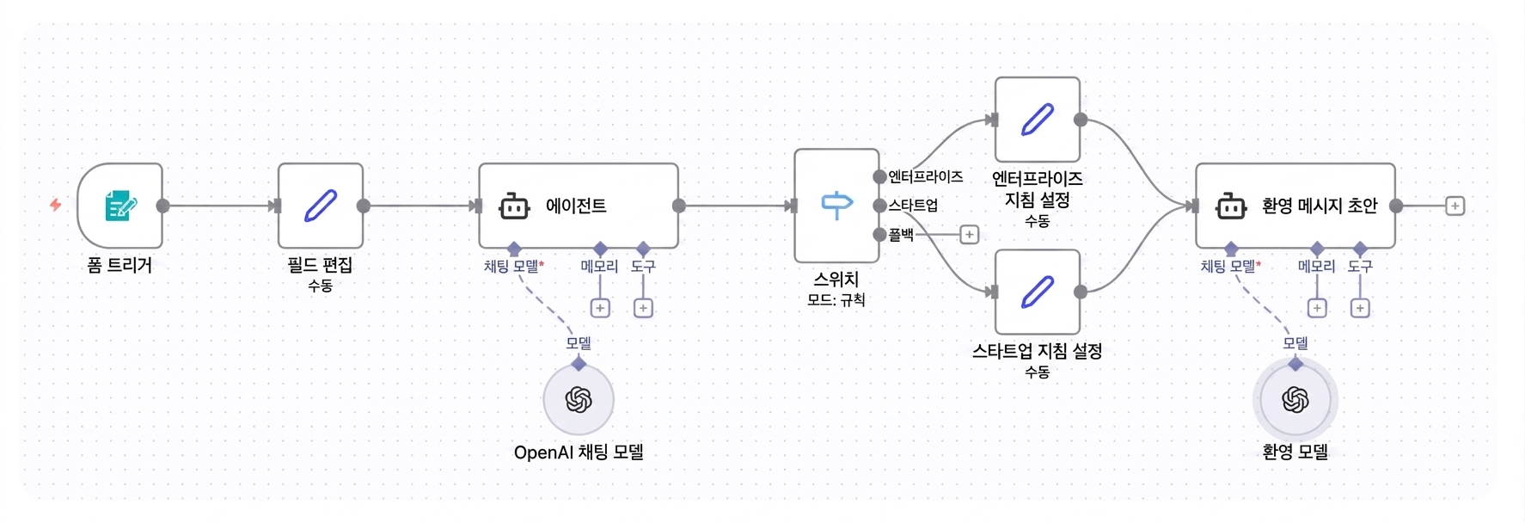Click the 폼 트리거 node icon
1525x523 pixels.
tap(120, 206)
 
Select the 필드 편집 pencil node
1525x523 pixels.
tap(321, 206)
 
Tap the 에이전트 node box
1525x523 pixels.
tap(579, 206)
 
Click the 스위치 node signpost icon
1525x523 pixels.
tap(836, 206)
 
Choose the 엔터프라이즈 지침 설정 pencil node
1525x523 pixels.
tap(1038, 120)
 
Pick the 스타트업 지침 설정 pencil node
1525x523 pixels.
tap(1038, 292)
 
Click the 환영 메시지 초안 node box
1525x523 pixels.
tap(1295, 206)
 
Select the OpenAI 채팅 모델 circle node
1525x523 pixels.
tap(579, 400)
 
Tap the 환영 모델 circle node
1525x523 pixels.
tap(1295, 400)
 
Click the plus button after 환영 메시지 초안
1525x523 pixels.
tap(1455, 206)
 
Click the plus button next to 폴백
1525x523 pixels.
tap(969, 234)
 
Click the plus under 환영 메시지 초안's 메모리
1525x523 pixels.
tap(1317, 308)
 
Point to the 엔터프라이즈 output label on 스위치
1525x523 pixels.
tap(925, 176)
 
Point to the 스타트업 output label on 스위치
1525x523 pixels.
tap(913, 205)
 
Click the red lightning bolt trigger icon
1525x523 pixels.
tap(56, 205)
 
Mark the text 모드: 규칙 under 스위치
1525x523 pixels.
tap(836, 300)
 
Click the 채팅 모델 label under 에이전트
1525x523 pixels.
tap(512, 267)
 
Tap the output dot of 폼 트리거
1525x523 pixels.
tap(162, 206)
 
